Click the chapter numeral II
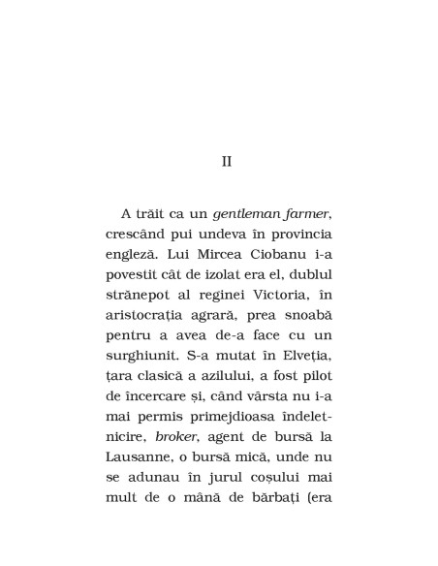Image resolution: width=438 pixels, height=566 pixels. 227,161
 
